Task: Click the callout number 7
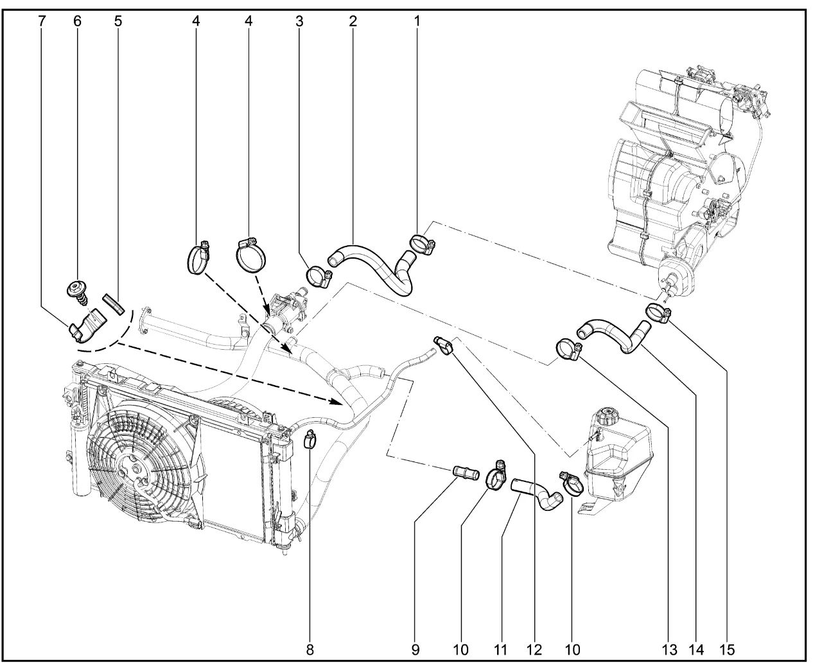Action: pyautogui.click(x=42, y=20)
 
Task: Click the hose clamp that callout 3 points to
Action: pyautogui.click(x=318, y=277)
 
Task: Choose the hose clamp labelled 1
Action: pyautogui.click(x=422, y=243)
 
